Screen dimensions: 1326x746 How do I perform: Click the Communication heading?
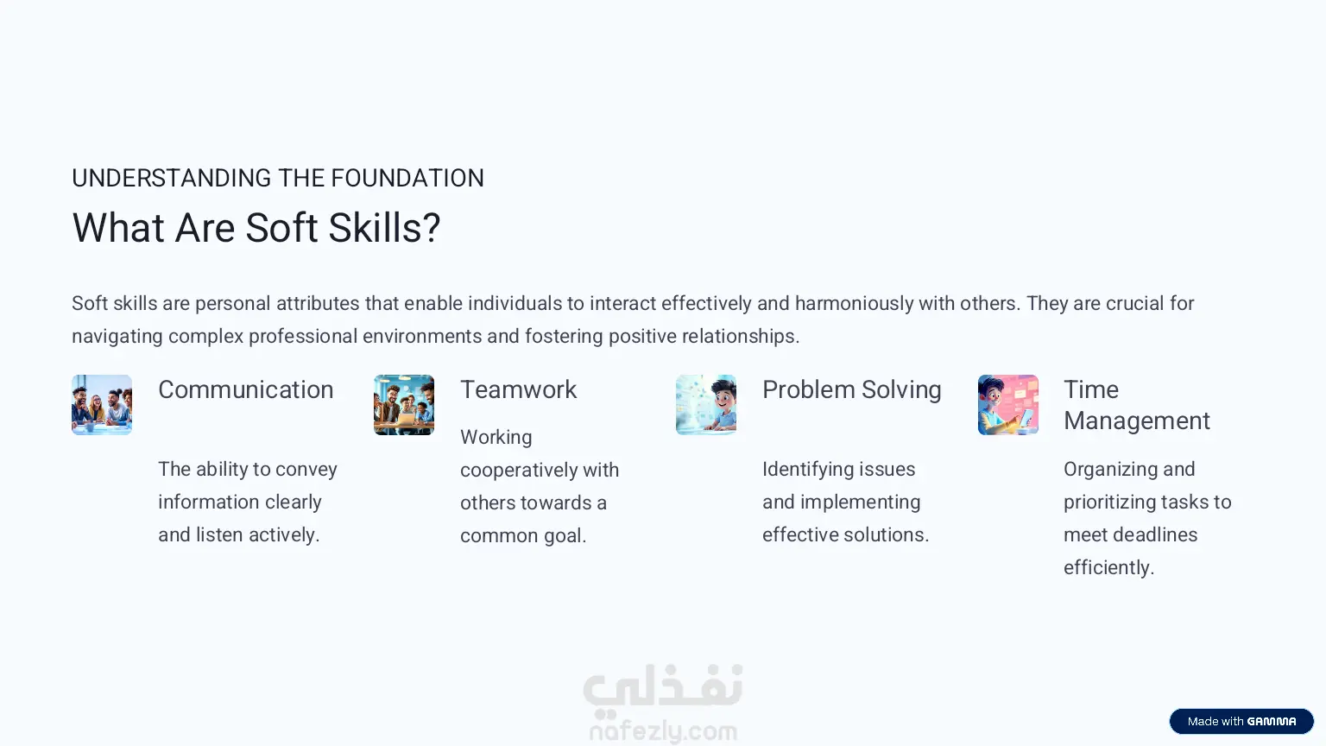(x=246, y=389)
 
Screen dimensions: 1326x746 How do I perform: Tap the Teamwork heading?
(x=519, y=389)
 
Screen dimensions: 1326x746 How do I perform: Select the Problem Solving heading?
(x=852, y=390)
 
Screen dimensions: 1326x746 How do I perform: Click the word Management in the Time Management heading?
(x=1137, y=421)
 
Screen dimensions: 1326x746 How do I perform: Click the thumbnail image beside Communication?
(x=102, y=405)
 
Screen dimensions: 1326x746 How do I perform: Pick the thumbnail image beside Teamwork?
(x=404, y=405)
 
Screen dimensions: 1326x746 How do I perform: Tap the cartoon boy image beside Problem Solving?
(x=706, y=405)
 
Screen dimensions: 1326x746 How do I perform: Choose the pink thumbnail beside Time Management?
(x=1008, y=405)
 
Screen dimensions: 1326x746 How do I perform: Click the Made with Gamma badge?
(x=1241, y=721)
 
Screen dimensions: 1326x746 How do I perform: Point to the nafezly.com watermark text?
(x=664, y=731)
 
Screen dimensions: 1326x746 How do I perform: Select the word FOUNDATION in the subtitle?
(x=407, y=178)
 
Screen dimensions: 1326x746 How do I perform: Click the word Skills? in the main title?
(x=385, y=228)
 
